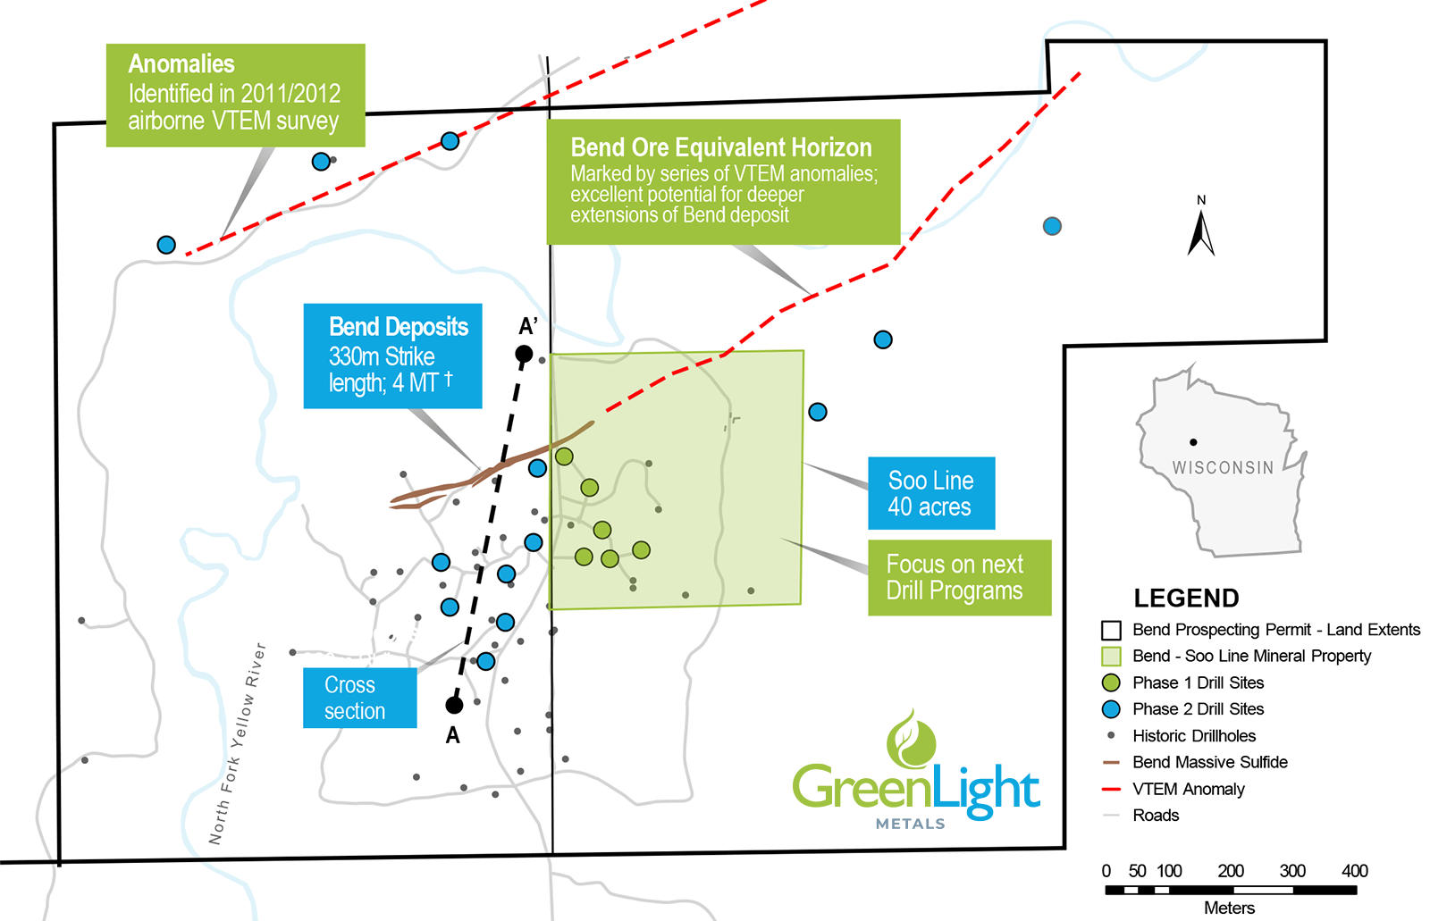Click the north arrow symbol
[x=1201, y=232]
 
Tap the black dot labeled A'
[x=524, y=355]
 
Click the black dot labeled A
[x=454, y=705]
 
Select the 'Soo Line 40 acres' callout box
[x=930, y=493]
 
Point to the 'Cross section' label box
[x=359, y=698]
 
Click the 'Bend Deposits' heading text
[x=399, y=327]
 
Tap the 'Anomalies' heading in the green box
[x=181, y=64]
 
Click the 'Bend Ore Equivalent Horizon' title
[x=720, y=147]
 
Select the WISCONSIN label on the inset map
[x=1223, y=467]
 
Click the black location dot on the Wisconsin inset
[x=1193, y=442]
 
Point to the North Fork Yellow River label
[x=238, y=744]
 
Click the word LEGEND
[x=1186, y=599]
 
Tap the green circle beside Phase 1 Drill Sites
[x=1111, y=683]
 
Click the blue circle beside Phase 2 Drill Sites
[x=1111, y=709]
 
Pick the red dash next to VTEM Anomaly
[x=1111, y=790]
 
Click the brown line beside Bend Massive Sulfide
[x=1111, y=763]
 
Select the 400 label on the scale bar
[x=1354, y=871]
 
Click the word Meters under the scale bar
[x=1229, y=908]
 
